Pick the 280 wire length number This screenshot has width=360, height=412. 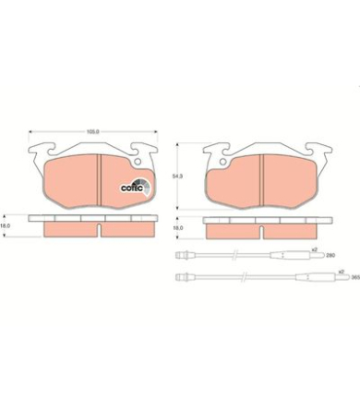tap(329, 255)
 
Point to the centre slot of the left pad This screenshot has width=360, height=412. tap(101, 174)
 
